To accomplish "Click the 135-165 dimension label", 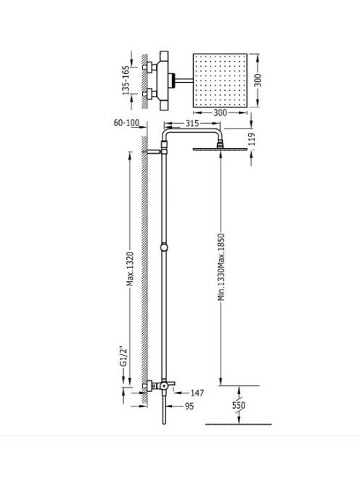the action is click(126, 81).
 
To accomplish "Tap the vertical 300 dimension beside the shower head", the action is click(258, 81).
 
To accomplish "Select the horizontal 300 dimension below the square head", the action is click(220, 113).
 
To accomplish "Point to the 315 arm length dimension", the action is click(192, 123).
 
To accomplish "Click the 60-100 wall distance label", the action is click(126, 123).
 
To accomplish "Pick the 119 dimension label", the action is click(251, 139).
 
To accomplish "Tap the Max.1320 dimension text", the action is click(130, 269).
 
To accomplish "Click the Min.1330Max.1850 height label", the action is click(221, 267).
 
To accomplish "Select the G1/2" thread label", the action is click(123, 357).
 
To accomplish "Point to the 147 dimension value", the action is click(197, 393).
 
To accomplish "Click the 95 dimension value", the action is click(189, 406).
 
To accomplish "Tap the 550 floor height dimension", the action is click(239, 405).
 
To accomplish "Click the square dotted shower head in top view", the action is click(220, 81).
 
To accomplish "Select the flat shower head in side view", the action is click(220, 149).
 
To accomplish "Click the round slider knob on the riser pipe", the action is click(164, 247).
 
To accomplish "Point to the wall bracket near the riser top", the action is click(153, 152).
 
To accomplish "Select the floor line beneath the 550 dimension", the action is click(239, 425).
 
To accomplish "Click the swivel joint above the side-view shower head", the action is click(220, 144).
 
